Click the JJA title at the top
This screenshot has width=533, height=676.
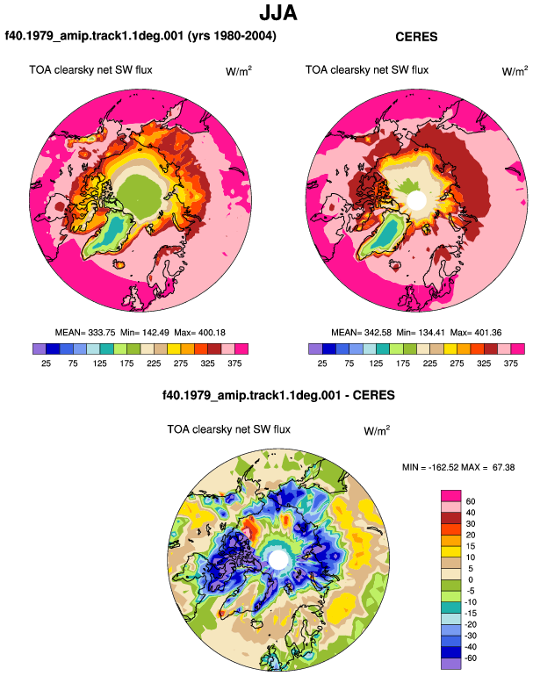tap(278, 12)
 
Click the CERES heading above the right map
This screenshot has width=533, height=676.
tap(416, 37)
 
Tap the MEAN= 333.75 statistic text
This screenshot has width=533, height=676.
tap(85, 333)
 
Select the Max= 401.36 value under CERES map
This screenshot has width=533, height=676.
tap(476, 333)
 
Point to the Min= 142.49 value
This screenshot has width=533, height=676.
tap(145, 333)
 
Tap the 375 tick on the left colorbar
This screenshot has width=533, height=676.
tap(234, 363)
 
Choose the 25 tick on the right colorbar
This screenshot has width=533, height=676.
tap(322, 363)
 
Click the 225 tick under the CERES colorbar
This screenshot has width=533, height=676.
tap(429, 363)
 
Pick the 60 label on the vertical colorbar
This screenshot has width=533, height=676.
tap(471, 501)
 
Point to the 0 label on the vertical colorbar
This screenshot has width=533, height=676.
tap(471, 579)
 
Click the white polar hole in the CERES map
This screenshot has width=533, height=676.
tap(416, 200)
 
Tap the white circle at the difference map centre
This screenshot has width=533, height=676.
tap(278, 559)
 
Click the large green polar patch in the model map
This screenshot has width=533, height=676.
tap(139, 196)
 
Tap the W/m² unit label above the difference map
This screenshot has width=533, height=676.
tap(377, 430)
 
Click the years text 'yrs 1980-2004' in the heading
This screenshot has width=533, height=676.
tap(232, 35)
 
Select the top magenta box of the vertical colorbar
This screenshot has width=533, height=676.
tap(451, 496)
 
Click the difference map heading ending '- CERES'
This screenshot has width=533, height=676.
tap(278, 395)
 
